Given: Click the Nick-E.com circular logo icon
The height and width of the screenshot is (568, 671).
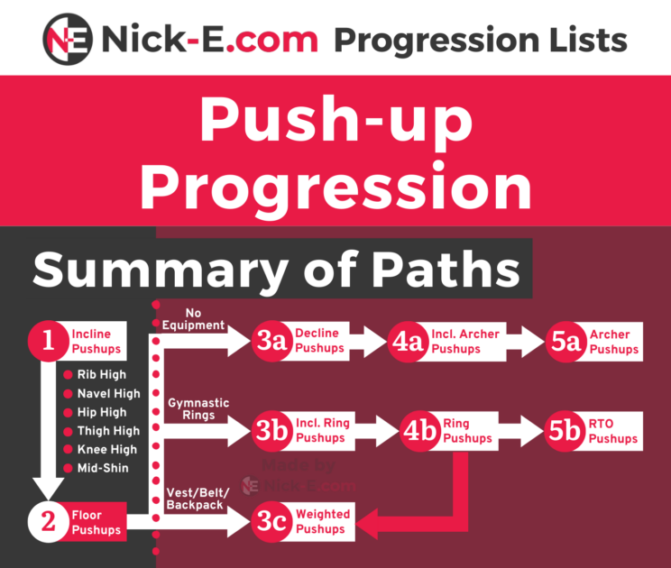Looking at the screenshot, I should pyautogui.click(x=69, y=39).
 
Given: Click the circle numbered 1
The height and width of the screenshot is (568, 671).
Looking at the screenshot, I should pyautogui.click(x=47, y=341).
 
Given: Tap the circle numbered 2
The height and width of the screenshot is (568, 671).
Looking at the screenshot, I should pyautogui.click(x=47, y=521).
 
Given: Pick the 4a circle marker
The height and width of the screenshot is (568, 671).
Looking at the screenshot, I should pyautogui.click(x=411, y=341).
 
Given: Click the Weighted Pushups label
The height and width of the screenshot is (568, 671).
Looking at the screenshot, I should pyautogui.click(x=323, y=521).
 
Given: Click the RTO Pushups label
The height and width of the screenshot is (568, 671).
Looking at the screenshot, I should pyautogui.click(x=613, y=431).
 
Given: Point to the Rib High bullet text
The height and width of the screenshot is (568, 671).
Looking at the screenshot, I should pyautogui.click(x=101, y=374).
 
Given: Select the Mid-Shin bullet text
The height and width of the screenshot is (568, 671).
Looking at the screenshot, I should pyautogui.click(x=102, y=468).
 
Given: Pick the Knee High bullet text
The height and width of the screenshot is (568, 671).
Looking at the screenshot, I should pyautogui.click(x=106, y=449).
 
